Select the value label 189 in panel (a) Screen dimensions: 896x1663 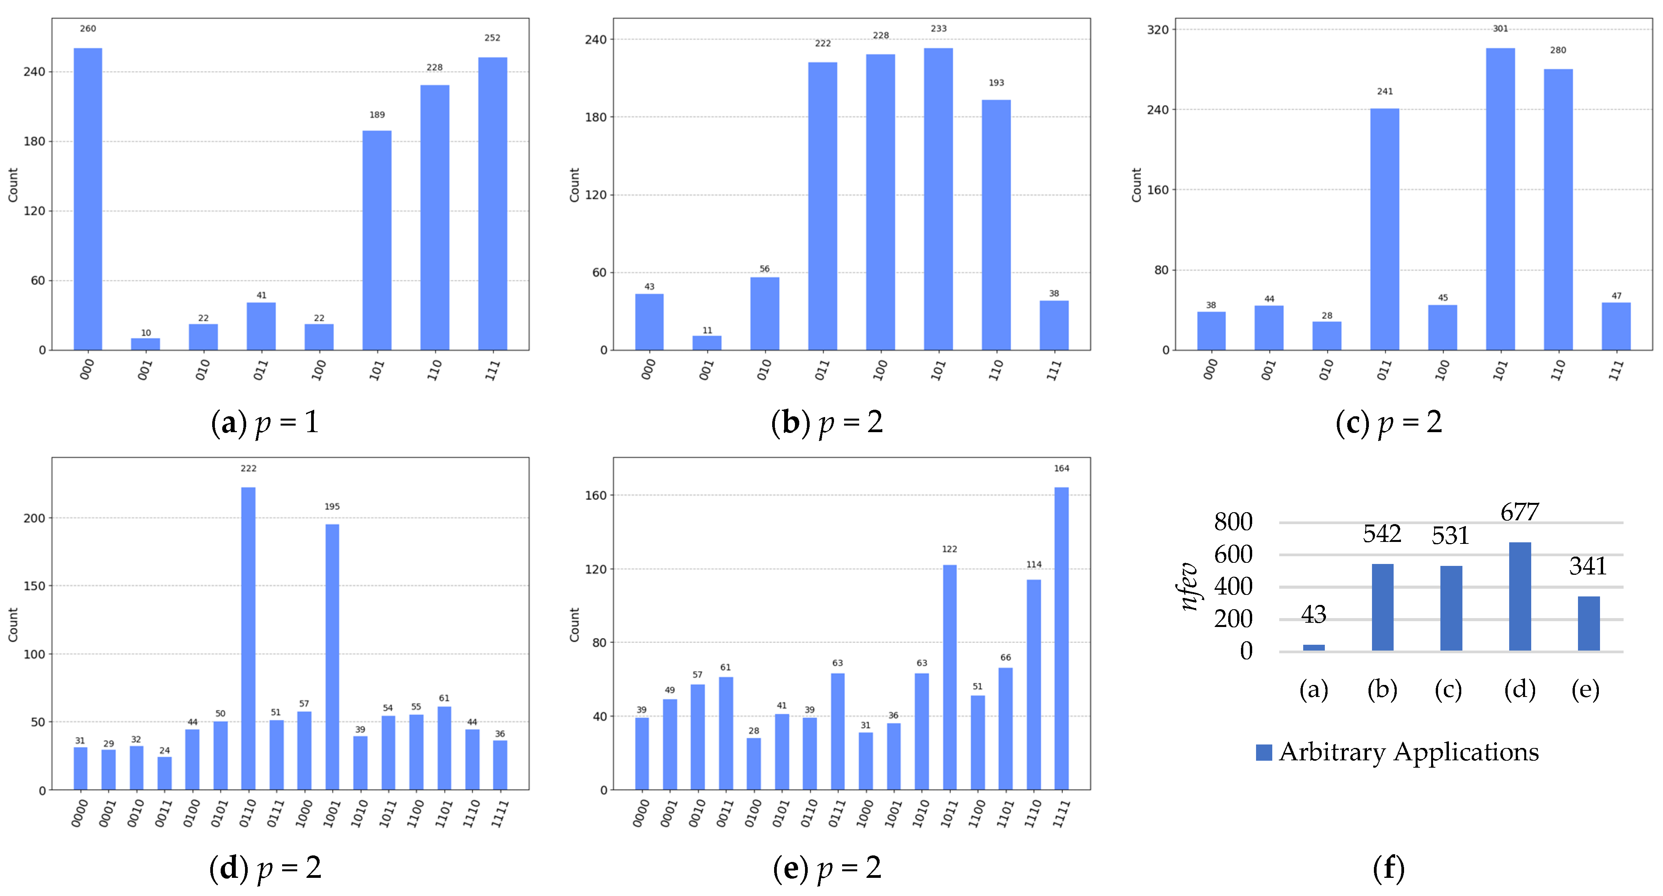click(x=377, y=115)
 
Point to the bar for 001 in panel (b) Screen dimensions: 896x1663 click(x=707, y=343)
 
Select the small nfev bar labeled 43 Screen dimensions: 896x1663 click(x=1314, y=647)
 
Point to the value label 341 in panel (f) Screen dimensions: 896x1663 click(x=1588, y=566)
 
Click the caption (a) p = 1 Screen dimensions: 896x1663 click(x=265, y=423)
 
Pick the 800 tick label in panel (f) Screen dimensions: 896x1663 click(x=1233, y=521)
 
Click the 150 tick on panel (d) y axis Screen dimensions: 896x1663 click(x=35, y=586)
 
